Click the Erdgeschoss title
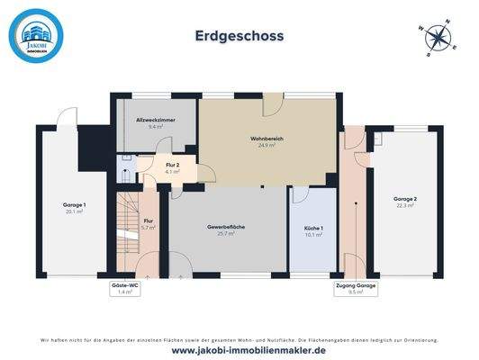[x=239, y=36]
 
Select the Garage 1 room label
[x=74, y=205]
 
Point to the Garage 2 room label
[x=404, y=199]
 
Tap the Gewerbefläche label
[x=226, y=227]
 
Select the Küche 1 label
[x=313, y=229]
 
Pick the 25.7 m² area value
[x=226, y=233]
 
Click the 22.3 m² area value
[x=404, y=205]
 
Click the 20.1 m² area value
[x=74, y=211]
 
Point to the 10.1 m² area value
[x=313, y=235]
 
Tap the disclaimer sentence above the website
[x=239, y=339]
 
